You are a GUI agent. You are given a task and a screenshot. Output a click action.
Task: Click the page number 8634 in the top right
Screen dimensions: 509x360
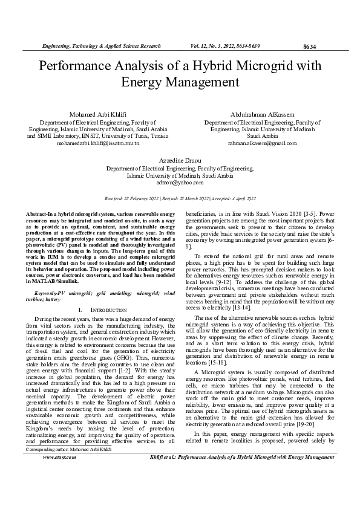click(x=309, y=47)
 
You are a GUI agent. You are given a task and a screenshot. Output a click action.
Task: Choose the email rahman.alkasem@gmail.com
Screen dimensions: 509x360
click(x=262, y=143)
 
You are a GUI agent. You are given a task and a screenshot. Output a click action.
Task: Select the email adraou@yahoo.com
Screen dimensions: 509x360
click(x=179, y=181)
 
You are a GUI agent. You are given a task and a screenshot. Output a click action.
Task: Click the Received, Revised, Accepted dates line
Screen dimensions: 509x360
click(x=180, y=198)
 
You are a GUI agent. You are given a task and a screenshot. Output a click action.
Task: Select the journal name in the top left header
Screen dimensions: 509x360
click(x=100, y=46)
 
